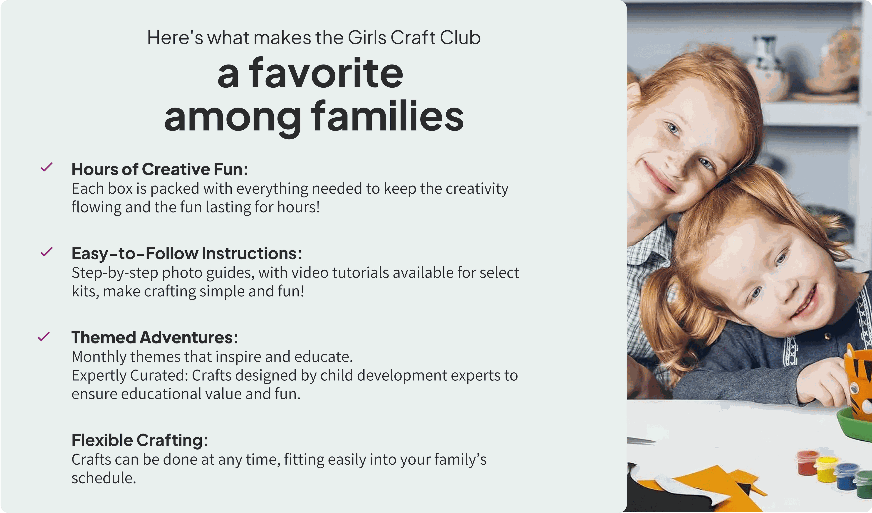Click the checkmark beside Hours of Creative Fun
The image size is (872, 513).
click(47, 167)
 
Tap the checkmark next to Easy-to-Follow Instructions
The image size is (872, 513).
click(47, 252)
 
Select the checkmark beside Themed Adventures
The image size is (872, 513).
click(44, 336)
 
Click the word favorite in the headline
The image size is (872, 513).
click(326, 73)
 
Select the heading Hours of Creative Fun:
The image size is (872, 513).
click(160, 169)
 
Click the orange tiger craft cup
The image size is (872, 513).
click(859, 380)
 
